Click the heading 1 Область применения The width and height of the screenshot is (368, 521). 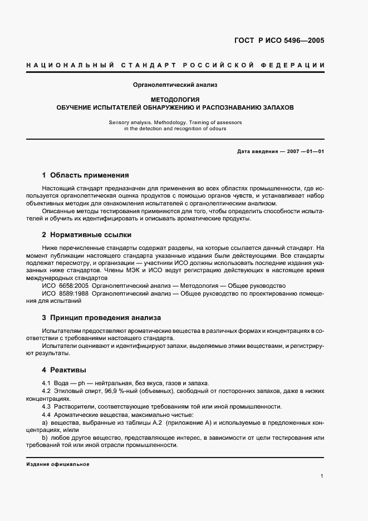[85, 175]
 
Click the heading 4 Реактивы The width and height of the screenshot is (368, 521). [63, 370]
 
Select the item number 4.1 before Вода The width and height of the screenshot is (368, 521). [47, 383]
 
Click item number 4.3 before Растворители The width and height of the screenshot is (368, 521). [47, 406]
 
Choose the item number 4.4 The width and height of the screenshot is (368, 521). [47, 415]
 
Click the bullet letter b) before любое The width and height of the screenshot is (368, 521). [45, 439]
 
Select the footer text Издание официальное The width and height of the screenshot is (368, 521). [58, 464]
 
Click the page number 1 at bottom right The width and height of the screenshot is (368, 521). [322, 476]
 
